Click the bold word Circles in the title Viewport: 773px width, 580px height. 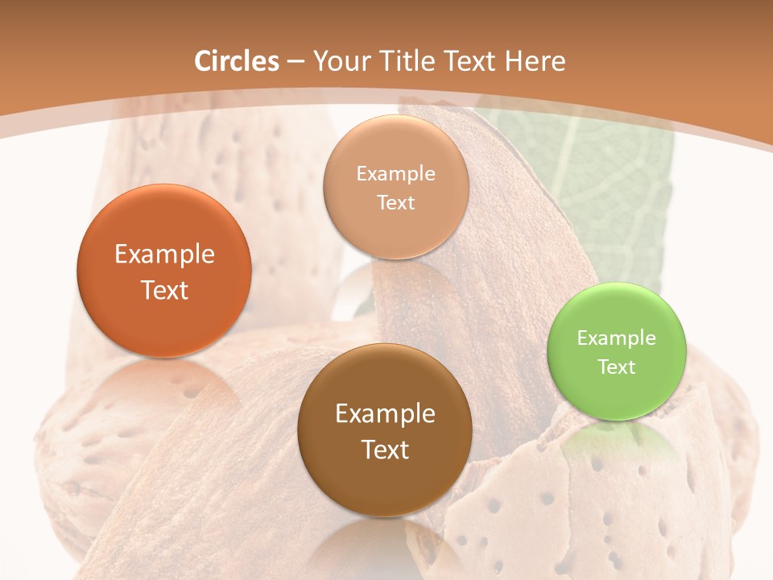point(237,61)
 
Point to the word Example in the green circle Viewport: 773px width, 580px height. point(617,338)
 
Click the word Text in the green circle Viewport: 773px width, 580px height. point(617,367)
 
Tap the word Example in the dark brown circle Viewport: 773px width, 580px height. point(385,414)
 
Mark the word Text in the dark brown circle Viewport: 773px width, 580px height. point(385,449)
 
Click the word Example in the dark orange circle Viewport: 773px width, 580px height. point(164,255)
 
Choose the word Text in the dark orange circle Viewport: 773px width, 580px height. point(164,290)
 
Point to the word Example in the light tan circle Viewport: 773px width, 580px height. point(395,174)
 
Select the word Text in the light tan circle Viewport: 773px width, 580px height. point(395,203)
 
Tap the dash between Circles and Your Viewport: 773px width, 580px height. point(296,62)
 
